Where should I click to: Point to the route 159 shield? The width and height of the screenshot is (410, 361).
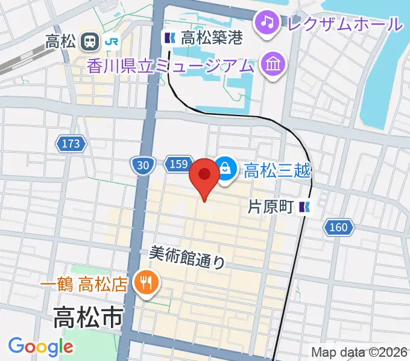click(x=180, y=164)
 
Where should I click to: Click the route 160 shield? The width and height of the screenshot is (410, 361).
click(x=338, y=227)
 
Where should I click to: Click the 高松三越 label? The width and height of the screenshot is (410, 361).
click(x=277, y=171)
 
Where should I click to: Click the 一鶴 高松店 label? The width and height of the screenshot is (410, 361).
click(x=84, y=283)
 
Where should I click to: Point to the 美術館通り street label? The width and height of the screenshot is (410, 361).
click(x=188, y=258)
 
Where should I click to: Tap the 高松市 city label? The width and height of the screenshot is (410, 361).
click(x=88, y=317)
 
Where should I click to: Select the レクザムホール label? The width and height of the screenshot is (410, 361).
click(x=345, y=24)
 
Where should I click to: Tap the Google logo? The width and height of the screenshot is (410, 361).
click(x=41, y=346)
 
